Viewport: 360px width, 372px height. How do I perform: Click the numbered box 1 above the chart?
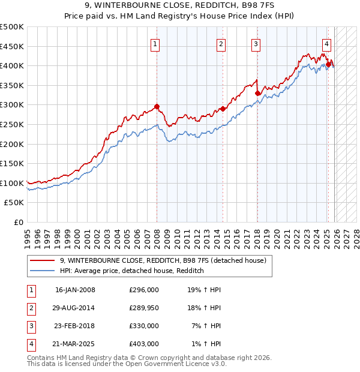point(155,43)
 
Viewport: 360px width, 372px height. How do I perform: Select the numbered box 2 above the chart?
point(221,43)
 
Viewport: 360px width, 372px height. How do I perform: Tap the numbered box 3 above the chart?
point(256,43)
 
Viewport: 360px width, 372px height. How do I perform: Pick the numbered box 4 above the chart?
point(326,43)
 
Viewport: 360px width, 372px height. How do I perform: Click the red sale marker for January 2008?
point(157,107)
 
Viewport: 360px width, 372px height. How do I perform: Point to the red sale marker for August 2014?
point(223,109)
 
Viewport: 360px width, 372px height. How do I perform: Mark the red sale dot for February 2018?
point(257,93)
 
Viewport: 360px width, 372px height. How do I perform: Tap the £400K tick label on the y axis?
point(13,66)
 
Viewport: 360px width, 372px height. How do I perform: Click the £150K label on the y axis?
point(13,164)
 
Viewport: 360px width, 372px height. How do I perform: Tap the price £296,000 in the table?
point(143,290)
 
